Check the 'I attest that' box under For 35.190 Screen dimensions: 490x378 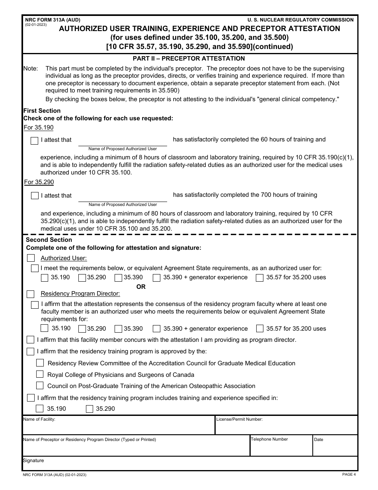click(x=35, y=141)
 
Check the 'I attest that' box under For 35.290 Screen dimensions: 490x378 click(x=35, y=196)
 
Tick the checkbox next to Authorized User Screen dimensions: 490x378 click(x=31, y=258)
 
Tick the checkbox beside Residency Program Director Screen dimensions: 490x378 click(x=31, y=294)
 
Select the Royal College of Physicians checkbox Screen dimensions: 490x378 click(x=40, y=374)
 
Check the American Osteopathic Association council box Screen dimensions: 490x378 click(x=40, y=385)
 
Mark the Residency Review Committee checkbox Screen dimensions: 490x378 click(x=40, y=363)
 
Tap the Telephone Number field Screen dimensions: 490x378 click(x=281, y=448)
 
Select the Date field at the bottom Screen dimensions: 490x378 click(x=335, y=448)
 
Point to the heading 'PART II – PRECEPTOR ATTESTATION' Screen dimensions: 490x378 click(x=189, y=59)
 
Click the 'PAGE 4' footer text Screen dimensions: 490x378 click(x=349, y=474)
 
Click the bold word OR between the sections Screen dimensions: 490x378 click(x=141, y=287)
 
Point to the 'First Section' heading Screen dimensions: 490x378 click(x=42, y=111)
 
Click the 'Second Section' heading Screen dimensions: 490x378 click(x=49, y=240)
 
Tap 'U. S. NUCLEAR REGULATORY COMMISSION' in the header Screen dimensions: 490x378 click(x=300, y=20)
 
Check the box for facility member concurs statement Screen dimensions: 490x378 click(x=31, y=340)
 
